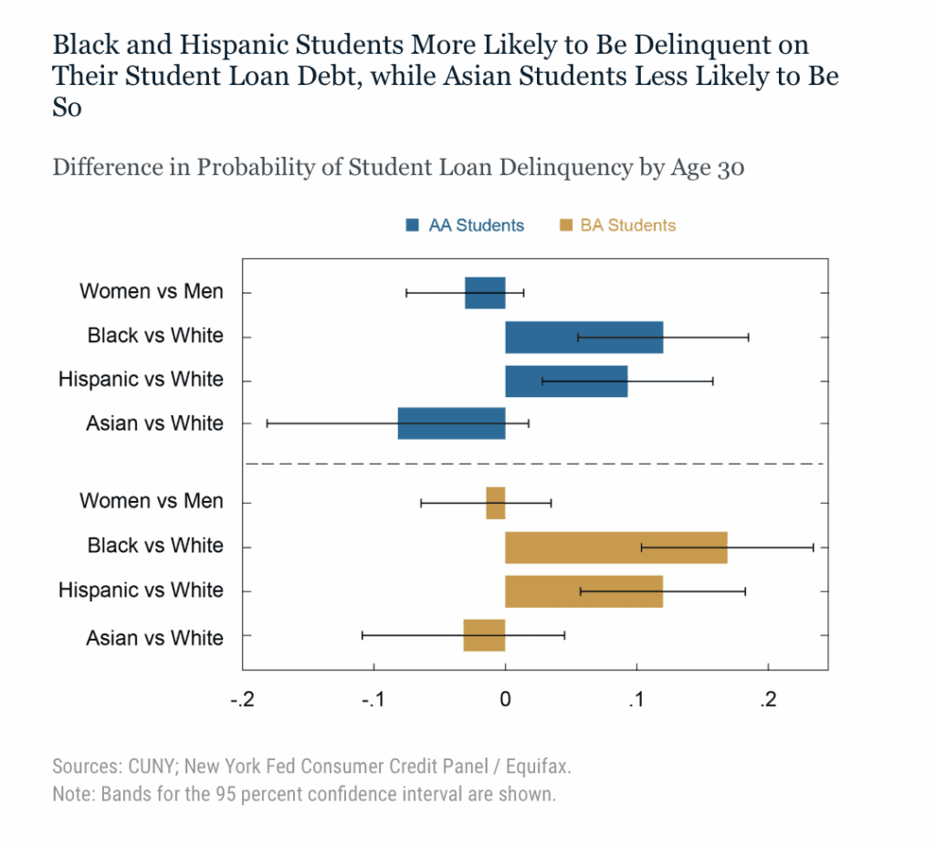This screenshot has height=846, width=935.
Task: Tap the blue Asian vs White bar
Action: [451, 423]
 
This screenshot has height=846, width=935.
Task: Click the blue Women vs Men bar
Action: [485, 293]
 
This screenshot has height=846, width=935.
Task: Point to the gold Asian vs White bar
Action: [484, 635]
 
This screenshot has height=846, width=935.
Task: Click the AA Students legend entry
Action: [465, 225]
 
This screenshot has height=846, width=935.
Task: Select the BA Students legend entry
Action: [617, 225]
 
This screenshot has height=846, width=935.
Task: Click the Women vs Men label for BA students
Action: [151, 501]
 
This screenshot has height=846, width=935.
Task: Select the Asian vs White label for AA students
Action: [154, 423]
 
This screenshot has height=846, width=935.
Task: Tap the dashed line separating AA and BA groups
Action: [537, 464]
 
